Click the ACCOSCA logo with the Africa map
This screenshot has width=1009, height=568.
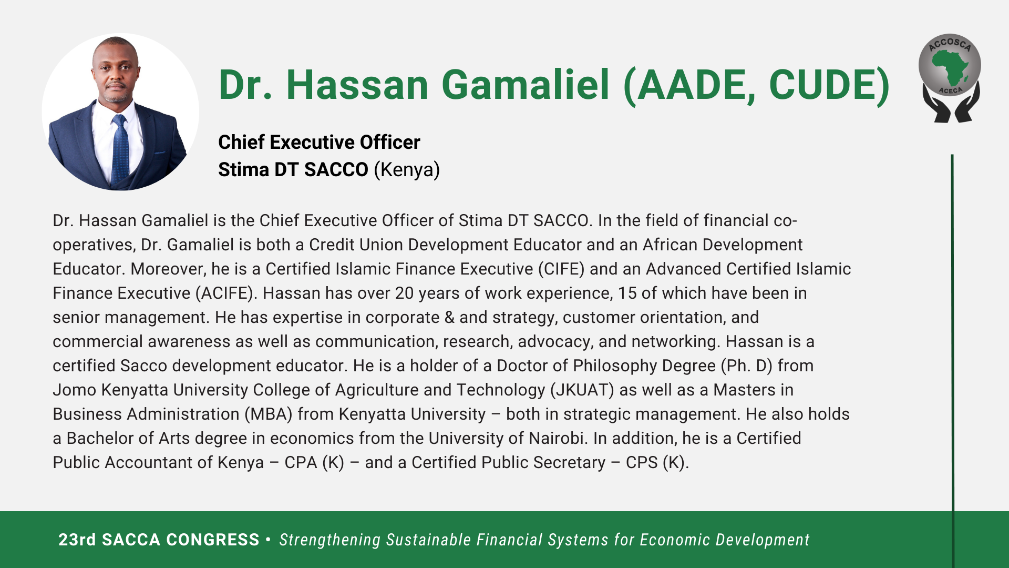(x=950, y=78)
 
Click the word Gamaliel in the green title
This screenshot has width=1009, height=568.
(x=526, y=85)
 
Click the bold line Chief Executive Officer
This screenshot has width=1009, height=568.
(x=319, y=142)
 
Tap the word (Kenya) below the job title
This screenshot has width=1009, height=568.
(x=407, y=170)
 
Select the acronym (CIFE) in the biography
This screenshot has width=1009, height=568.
(x=561, y=269)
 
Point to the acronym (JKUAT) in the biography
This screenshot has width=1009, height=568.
(x=582, y=390)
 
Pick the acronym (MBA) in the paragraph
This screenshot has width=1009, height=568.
(x=269, y=414)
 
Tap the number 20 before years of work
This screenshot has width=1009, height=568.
(x=405, y=293)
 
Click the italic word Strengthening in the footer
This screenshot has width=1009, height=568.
(x=330, y=540)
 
